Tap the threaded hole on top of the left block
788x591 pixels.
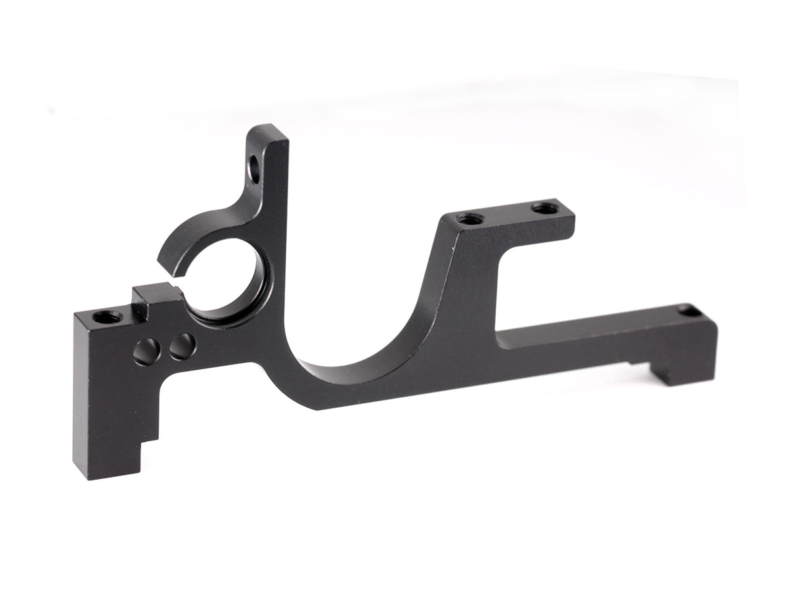click(x=106, y=317)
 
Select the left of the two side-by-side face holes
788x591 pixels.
click(x=146, y=351)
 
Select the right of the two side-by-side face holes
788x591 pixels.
click(x=182, y=346)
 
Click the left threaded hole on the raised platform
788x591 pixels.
click(x=470, y=218)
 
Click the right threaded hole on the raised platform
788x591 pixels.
click(x=544, y=208)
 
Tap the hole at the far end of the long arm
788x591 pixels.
click(x=689, y=311)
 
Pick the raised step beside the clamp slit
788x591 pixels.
click(x=154, y=294)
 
